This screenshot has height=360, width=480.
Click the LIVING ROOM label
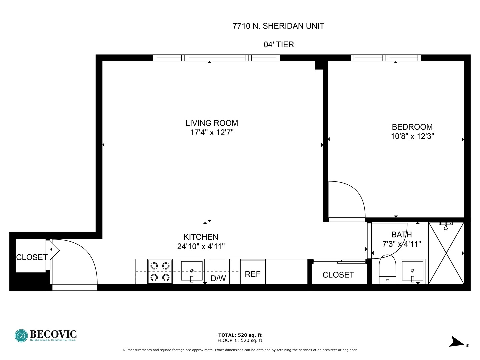click(x=212, y=123)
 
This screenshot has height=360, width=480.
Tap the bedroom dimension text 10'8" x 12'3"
click(x=412, y=136)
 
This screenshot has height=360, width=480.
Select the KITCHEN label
click(x=201, y=237)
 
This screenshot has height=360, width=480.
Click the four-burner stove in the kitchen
click(x=160, y=272)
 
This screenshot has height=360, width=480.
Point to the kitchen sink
click(x=192, y=271)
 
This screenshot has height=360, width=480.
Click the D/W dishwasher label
click(x=218, y=278)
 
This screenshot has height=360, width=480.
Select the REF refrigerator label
click(x=252, y=274)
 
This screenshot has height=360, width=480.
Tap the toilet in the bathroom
click(x=387, y=270)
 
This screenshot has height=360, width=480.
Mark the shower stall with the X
click(x=446, y=253)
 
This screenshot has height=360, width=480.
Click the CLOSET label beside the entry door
click(x=32, y=257)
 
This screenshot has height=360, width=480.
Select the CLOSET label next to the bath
click(x=338, y=275)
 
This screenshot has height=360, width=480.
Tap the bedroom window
click(x=386, y=58)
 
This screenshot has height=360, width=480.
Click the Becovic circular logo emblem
click(x=21, y=336)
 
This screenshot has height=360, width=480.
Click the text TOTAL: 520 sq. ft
click(x=240, y=335)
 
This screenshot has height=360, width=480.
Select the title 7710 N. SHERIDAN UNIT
click(x=278, y=26)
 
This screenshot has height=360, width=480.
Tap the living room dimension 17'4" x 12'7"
click(x=212, y=132)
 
